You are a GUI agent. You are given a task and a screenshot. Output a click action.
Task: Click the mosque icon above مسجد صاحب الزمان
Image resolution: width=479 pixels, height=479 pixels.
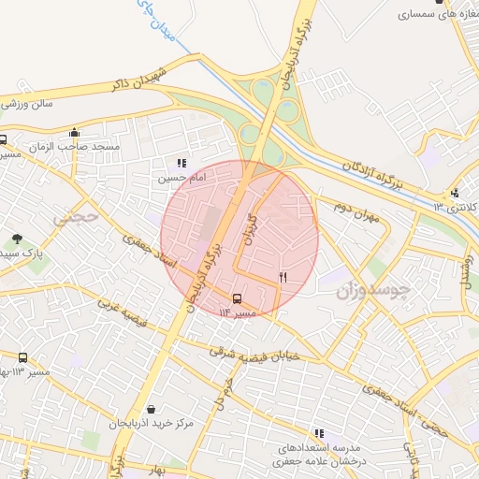pos(74,132)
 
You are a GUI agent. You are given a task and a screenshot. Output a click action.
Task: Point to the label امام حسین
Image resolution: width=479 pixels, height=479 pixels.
pos(178,177)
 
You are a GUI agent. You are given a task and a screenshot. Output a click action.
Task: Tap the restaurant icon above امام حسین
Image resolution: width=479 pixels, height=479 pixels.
pos(181,163)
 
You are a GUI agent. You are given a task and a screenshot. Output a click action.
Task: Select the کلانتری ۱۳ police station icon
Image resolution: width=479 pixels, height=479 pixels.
pos(455,193)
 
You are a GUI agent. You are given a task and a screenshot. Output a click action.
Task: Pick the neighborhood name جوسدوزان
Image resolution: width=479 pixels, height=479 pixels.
pos(373,291)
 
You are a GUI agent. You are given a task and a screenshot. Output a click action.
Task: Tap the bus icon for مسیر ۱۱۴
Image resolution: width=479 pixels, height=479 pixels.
pos(236,298)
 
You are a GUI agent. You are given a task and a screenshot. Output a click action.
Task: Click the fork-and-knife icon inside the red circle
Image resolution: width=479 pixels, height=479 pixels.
pos(283,277)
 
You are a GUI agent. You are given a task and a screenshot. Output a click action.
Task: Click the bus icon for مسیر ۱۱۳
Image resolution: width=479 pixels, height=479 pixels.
pos(22,357)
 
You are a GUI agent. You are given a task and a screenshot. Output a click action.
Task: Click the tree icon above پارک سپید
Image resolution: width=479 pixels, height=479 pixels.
pos(17,239)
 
